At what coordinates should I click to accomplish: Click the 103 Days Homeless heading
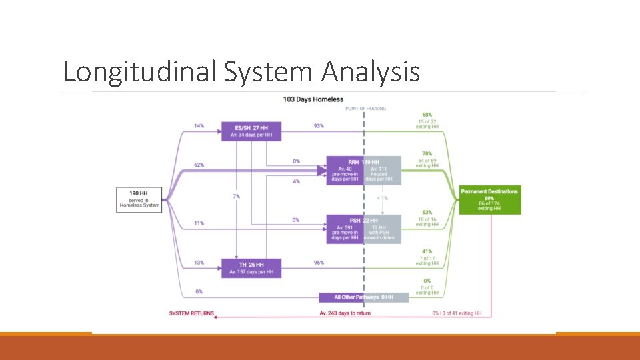(x=313, y=99)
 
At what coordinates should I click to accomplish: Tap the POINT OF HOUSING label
(x=365, y=108)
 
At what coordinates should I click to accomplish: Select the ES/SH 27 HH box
(x=251, y=131)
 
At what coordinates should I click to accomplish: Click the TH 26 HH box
(x=251, y=267)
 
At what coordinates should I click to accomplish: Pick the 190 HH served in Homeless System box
(x=140, y=199)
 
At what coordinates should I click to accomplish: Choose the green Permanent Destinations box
(x=489, y=199)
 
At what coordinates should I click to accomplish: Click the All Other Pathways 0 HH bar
(x=363, y=297)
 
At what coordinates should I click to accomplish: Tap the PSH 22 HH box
(x=363, y=229)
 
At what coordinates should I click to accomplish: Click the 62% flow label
(x=199, y=164)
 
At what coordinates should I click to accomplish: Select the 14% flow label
(x=199, y=125)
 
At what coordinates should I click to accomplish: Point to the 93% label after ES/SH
(x=319, y=125)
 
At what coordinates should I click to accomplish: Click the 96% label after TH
(x=319, y=263)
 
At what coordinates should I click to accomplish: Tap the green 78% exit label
(x=427, y=153)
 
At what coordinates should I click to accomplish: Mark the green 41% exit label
(x=427, y=251)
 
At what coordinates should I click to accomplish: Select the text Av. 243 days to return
(x=345, y=313)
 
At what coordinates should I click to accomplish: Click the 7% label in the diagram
(x=237, y=196)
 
